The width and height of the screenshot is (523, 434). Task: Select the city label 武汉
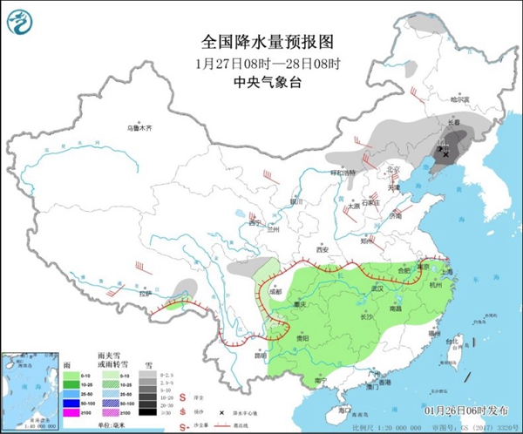pos(377,287)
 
